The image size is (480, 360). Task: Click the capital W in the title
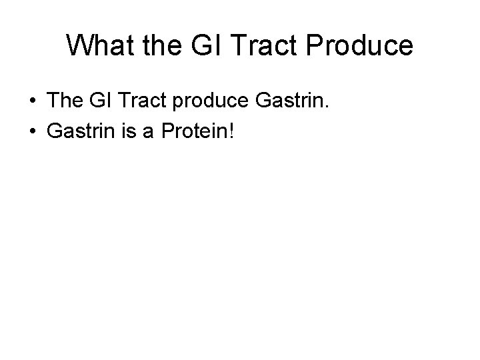coord(79,45)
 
